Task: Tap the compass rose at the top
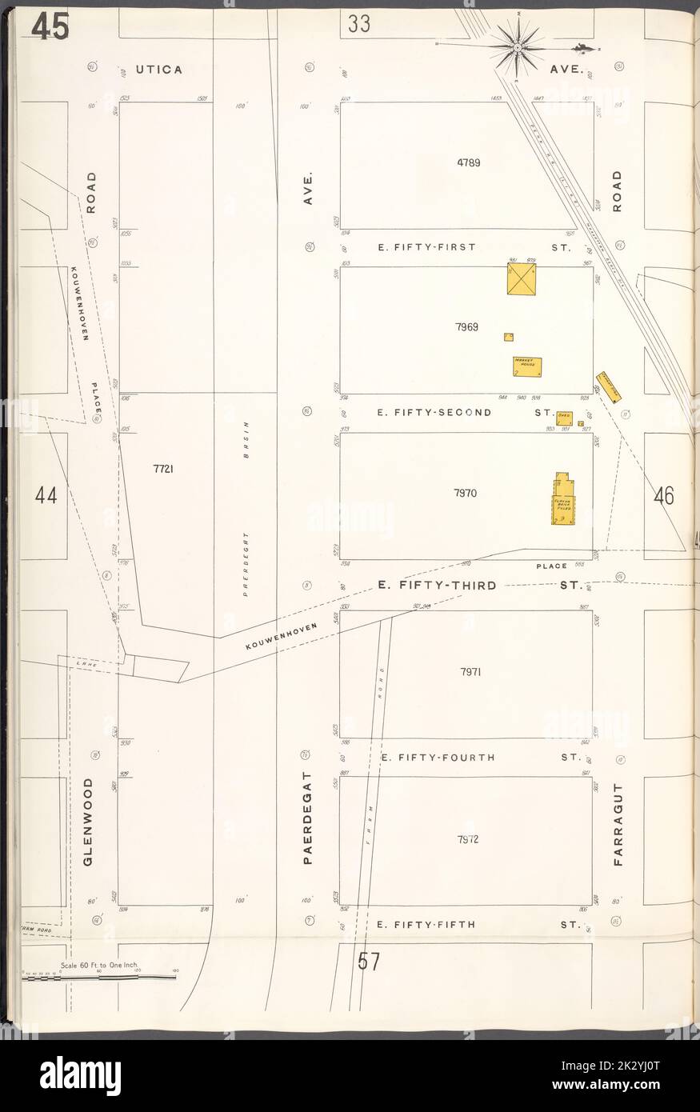tap(518, 47)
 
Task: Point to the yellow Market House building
tap(528, 366)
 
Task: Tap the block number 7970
tap(465, 494)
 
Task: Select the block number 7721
tap(164, 470)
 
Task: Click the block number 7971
tap(470, 672)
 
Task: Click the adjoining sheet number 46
tap(664, 496)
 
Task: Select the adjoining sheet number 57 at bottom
tap(368, 962)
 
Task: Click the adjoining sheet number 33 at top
tap(359, 25)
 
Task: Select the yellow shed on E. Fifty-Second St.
tap(563, 416)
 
